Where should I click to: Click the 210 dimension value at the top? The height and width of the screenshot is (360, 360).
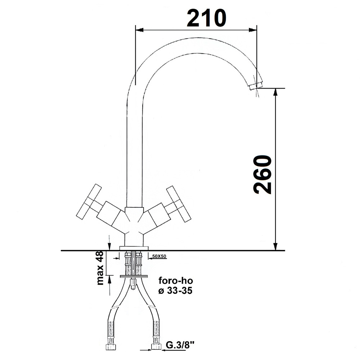pos(206,18)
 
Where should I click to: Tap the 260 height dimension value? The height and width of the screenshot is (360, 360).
pos(263,175)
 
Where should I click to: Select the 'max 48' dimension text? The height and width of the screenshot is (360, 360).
pos(100,268)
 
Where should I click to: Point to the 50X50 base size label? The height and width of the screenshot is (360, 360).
pos(159,256)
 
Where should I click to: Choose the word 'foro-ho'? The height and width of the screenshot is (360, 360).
pos(176,281)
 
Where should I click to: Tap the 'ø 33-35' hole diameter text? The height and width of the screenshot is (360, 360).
pos(175,291)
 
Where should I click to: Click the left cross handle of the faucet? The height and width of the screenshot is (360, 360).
pos(89,201)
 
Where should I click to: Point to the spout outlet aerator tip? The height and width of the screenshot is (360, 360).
pos(256,85)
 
